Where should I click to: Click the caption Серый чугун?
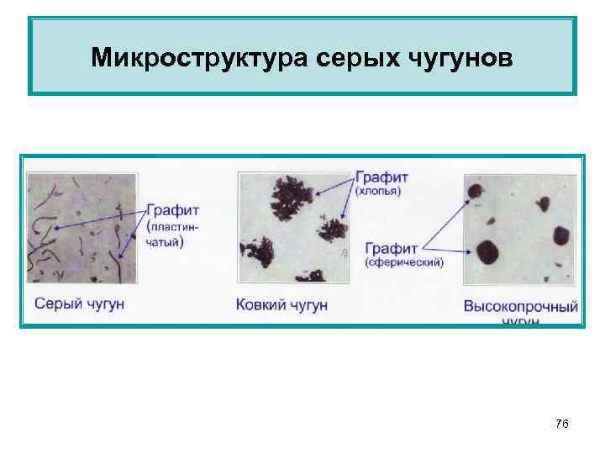point(79,303)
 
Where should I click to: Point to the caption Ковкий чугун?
point(281,304)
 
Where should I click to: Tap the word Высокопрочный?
point(521,306)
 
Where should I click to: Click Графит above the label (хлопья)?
point(382,177)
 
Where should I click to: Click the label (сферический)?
point(404,262)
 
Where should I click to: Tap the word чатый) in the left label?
point(166,240)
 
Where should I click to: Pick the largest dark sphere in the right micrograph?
point(487,250)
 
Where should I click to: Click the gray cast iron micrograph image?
point(82,228)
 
